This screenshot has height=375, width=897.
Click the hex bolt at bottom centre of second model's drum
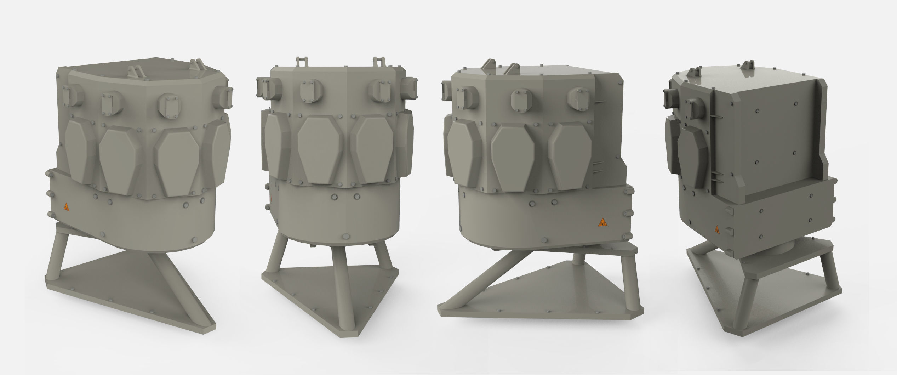[x=344, y=236]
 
